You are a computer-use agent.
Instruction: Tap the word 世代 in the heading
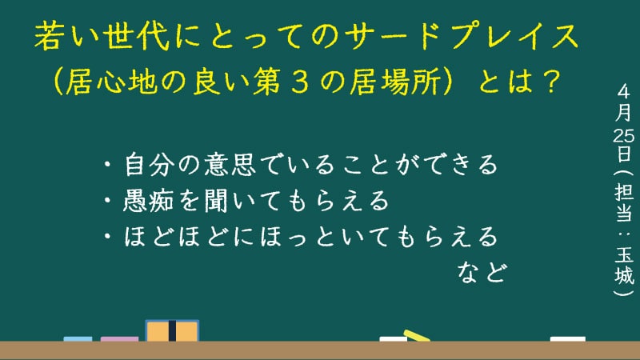coord(136,36)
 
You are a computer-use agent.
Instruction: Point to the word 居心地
coord(111,82)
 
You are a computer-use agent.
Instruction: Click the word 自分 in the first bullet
coord(149,164)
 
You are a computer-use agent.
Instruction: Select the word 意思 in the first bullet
coord(230,164)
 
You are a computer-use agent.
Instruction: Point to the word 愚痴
coord(148,201)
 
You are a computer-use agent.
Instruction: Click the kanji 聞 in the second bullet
coord(216,201)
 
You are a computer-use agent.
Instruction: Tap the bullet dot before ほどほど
coord(107,236)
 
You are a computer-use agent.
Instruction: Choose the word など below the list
coord(482,273)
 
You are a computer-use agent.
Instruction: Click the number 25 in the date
coord(624,135)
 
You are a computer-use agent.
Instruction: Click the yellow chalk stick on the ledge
coord(417,335)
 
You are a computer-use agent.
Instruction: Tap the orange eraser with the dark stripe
coord(172,330)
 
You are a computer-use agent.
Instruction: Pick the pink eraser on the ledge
coord(119,339)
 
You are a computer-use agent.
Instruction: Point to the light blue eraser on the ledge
coord(78,339)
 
